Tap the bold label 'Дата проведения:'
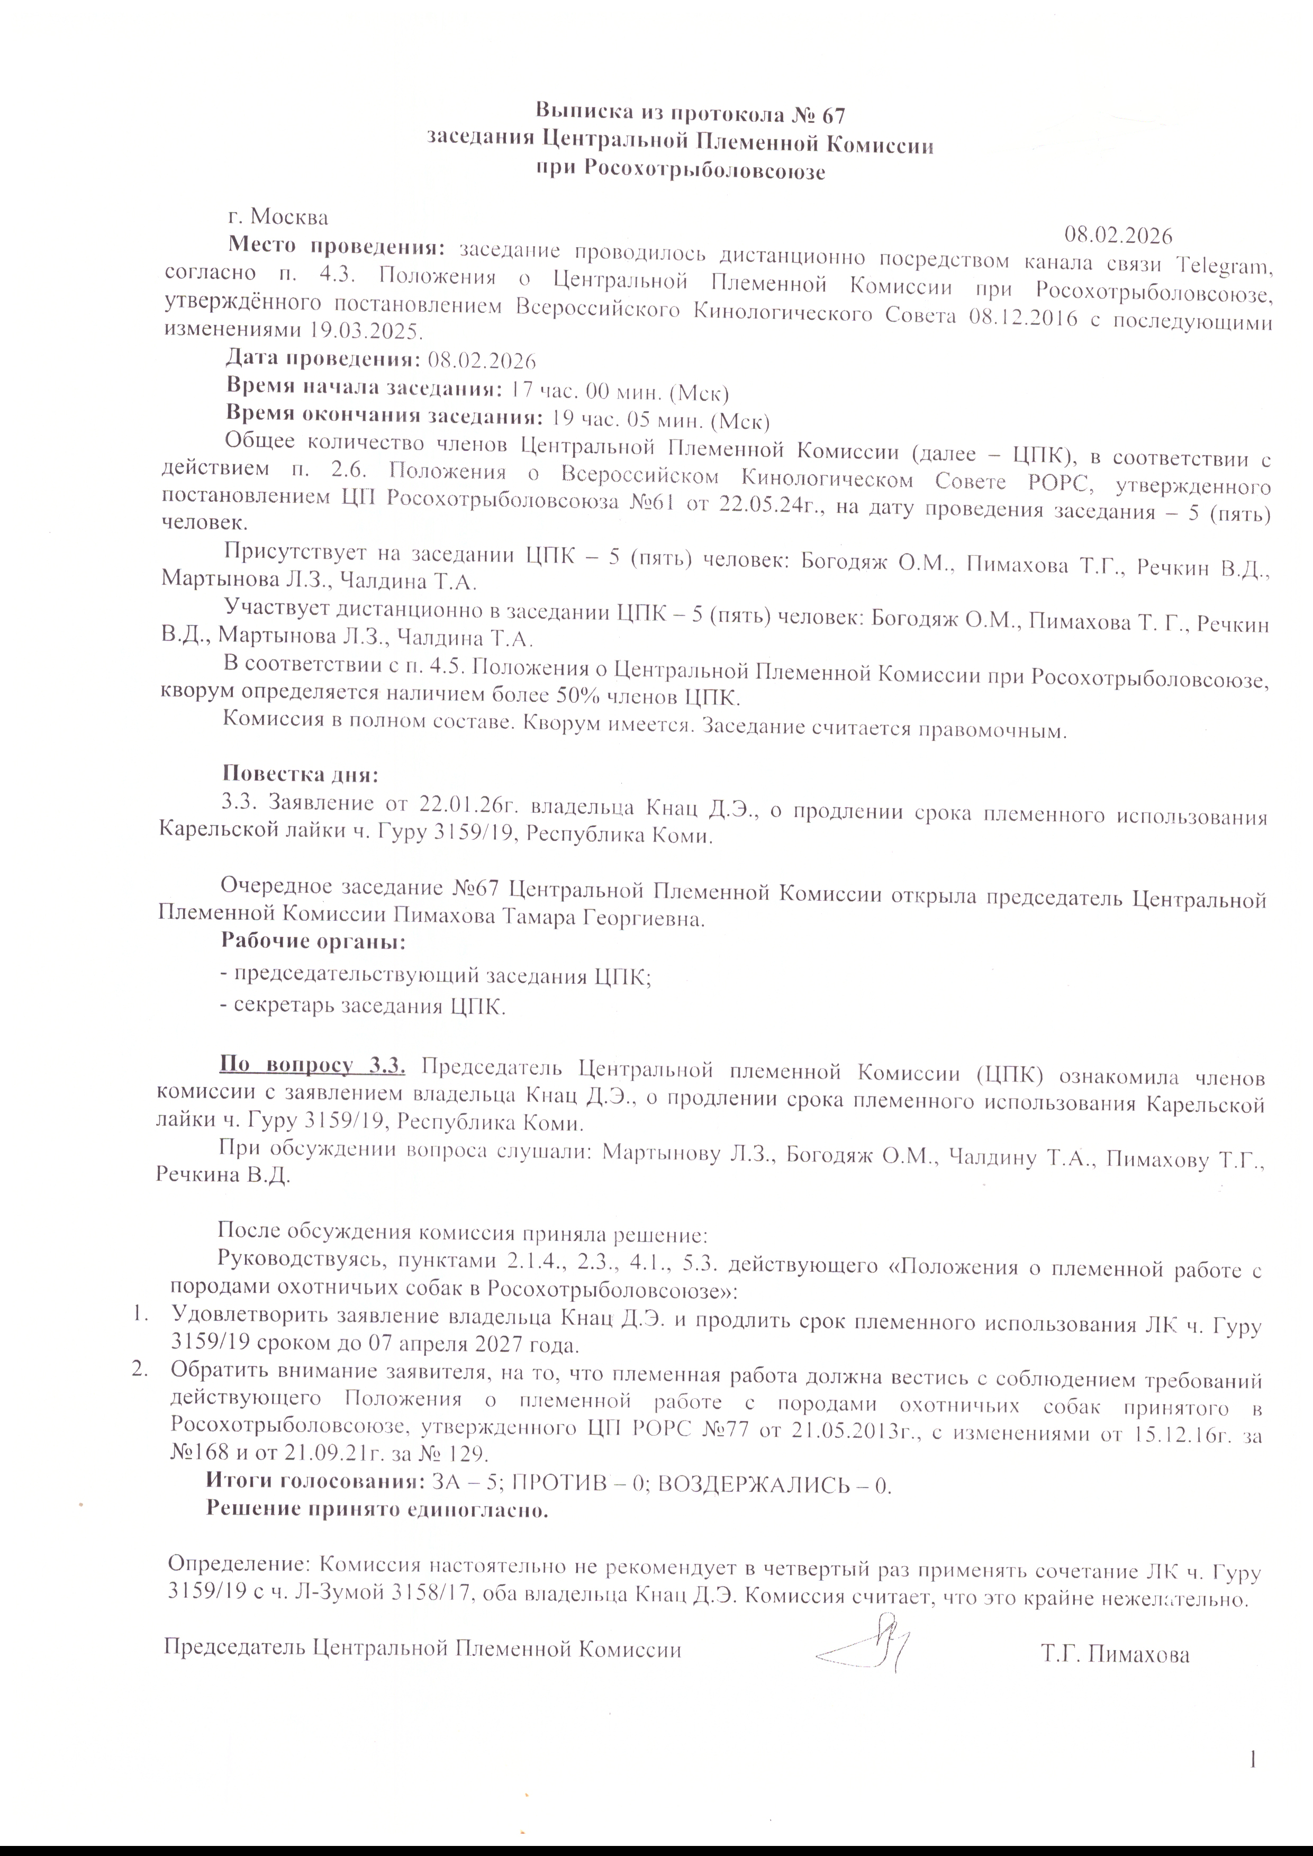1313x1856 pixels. pyautogui.click(x=322, y=359)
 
